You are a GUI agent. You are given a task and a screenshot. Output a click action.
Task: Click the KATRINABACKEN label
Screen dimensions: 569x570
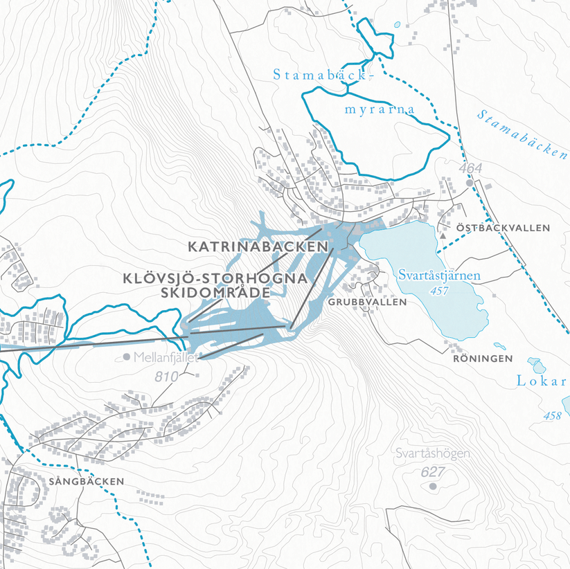[257, 246]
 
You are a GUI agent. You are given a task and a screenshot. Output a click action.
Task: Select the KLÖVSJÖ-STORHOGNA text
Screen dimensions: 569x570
[214, 278]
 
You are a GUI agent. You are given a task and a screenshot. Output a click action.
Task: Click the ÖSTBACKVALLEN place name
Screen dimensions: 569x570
[503, 228]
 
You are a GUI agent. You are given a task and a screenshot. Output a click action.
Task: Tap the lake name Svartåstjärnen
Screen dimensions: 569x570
[439, 276]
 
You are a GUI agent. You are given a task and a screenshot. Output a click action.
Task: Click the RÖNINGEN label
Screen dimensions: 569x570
[483, 359]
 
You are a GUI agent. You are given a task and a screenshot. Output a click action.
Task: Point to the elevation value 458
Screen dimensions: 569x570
[552, 415]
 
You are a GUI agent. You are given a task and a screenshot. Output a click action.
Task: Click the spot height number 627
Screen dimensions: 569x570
[432, 471]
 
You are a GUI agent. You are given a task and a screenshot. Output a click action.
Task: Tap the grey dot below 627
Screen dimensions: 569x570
[434, 487]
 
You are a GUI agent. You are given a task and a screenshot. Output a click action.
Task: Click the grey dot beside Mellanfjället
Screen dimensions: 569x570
[126, 357]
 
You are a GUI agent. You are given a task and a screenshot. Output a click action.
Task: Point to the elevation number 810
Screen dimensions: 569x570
[167, 377]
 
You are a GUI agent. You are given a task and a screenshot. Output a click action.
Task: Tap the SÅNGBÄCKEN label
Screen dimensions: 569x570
[87, 480]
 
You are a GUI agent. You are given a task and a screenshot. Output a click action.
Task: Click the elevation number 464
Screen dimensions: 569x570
[469, 168]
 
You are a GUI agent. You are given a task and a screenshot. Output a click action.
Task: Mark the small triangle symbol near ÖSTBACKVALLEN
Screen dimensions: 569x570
[443, 235]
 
